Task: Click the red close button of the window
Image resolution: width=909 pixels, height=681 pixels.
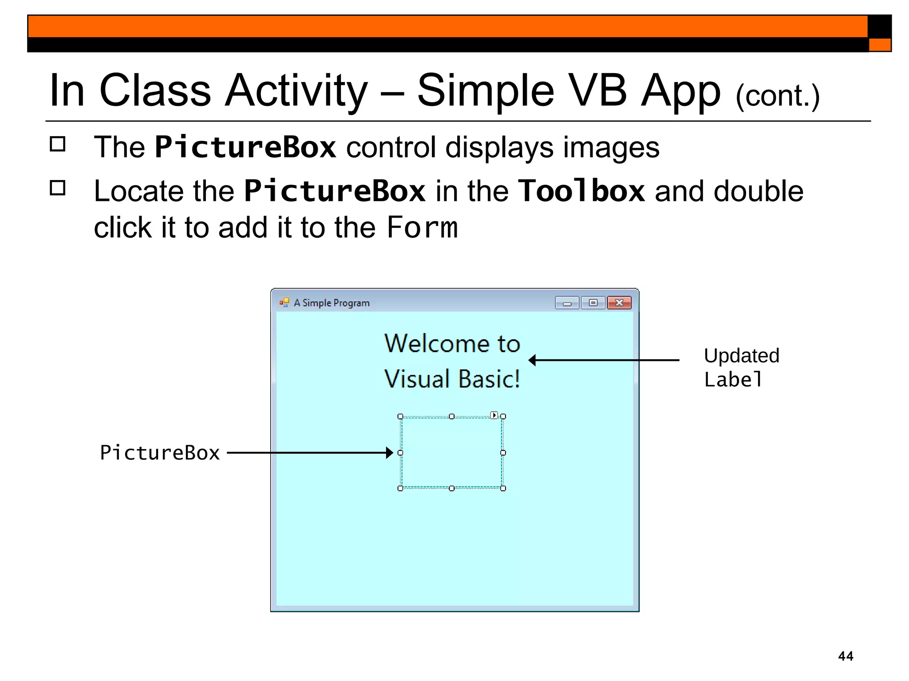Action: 619,303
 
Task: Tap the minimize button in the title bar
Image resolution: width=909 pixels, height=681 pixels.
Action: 567,303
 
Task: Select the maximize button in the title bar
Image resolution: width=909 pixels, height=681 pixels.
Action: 593,303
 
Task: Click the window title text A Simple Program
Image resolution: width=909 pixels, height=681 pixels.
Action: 332,303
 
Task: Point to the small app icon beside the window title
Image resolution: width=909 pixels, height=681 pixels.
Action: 284,302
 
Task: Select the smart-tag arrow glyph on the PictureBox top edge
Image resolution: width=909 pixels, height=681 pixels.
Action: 494,415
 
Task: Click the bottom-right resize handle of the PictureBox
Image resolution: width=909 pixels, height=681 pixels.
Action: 503,489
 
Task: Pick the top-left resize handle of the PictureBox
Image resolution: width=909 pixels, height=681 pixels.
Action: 400,416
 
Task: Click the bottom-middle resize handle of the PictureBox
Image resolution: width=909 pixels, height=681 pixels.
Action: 452,489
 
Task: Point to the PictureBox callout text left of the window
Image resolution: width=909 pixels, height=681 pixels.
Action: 160,453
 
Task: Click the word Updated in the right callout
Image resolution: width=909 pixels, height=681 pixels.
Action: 741,356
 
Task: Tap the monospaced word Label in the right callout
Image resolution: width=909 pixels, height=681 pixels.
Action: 733,380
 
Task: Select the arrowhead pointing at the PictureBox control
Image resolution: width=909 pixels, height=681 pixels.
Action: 389,453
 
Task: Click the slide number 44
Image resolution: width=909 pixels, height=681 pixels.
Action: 846,656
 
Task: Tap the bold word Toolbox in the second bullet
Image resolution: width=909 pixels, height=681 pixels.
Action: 581,191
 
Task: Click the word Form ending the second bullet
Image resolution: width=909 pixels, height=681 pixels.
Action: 422,228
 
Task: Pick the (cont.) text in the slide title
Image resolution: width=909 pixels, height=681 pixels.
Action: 777,96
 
